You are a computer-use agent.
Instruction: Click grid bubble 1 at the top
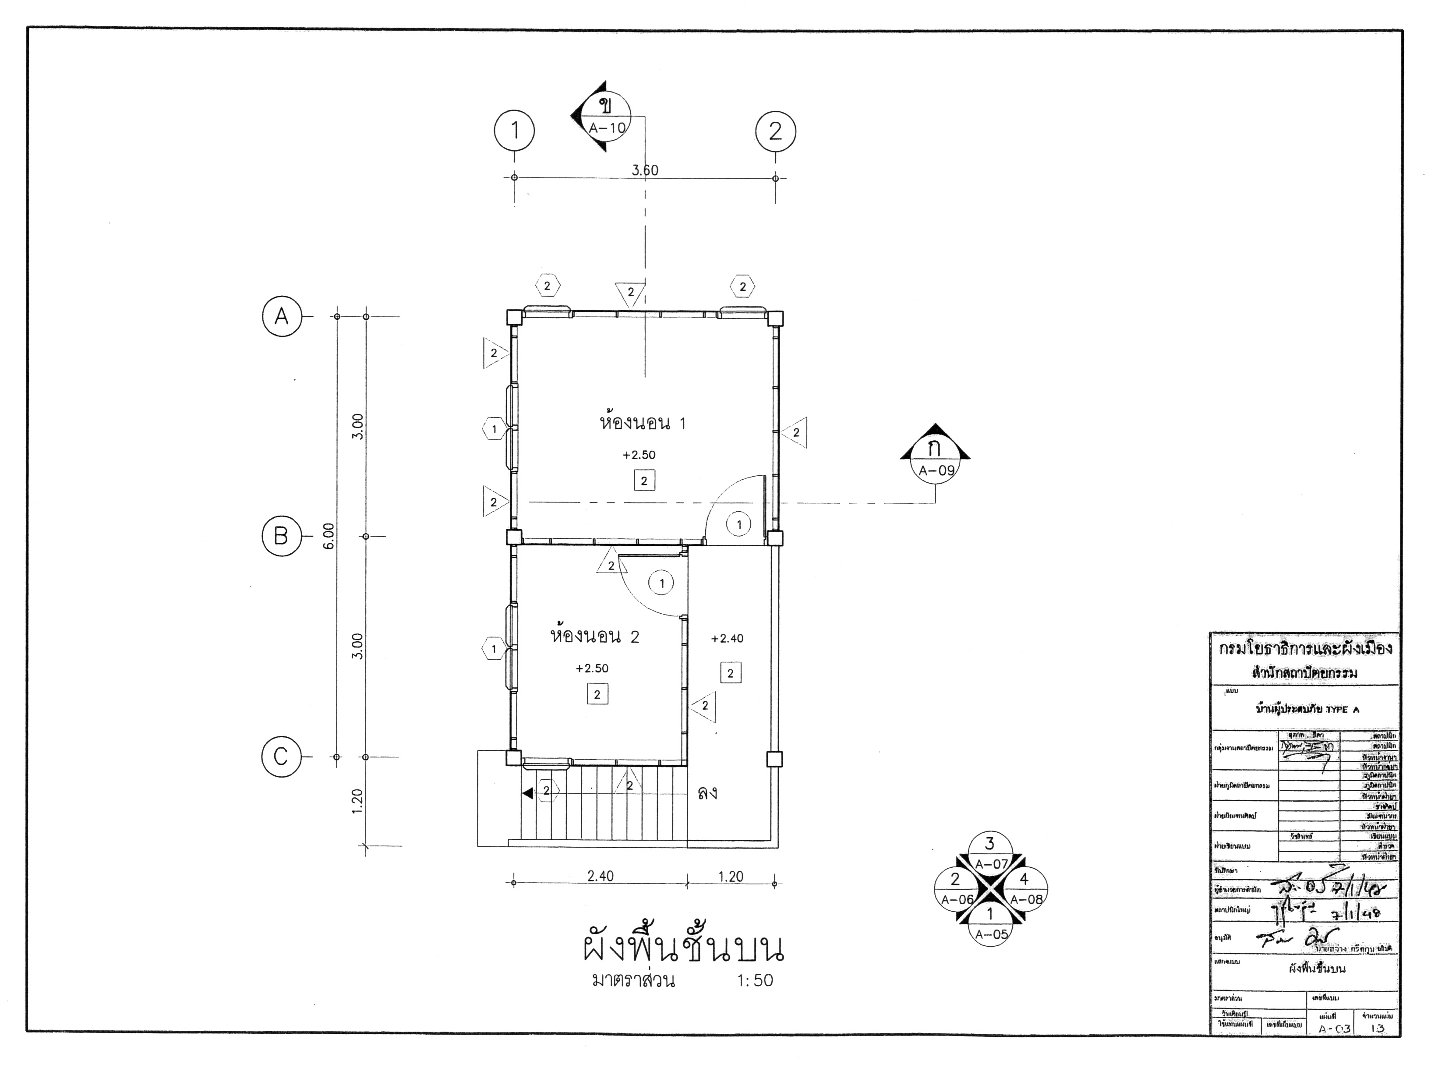coord(515,131)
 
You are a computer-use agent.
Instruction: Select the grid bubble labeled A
coord(282,316)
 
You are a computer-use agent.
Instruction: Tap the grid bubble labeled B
coord(281,536)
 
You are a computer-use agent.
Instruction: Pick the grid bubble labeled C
coord(281,757)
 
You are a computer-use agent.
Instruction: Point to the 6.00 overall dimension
coord(329,535)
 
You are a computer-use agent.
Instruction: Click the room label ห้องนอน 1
coord(643,424)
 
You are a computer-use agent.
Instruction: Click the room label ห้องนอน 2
coord(594,637)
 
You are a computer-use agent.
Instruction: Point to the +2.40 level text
coord(727,639)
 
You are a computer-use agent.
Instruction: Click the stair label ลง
coord(708,793)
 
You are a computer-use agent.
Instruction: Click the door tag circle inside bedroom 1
coord(739,525)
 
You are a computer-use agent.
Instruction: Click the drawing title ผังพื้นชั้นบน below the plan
coord(683,948)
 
